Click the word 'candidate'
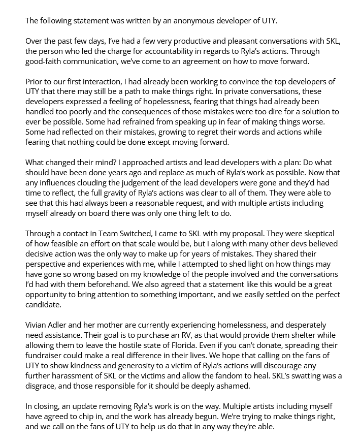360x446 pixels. click(45, 305)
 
